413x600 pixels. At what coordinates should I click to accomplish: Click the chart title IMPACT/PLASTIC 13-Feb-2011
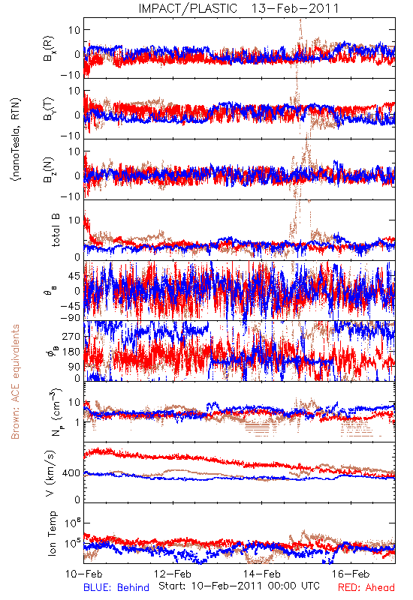click(239, 8)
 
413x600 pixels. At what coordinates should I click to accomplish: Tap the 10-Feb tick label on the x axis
click(84, 574)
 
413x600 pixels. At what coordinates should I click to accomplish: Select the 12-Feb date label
click(173, 574)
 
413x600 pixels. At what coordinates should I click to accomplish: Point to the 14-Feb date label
click(261, 574)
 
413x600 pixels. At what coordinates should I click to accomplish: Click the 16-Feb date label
click(351, 574)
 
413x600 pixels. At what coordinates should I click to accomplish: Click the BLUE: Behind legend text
click(116, 587)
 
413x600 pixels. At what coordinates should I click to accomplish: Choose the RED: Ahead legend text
click(366, 587)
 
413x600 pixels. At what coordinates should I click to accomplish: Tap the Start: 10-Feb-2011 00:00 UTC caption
click(239, 586)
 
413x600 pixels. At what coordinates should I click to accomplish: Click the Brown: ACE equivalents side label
click(15, 382)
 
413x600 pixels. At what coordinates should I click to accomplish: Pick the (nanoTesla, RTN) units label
click(16, 139)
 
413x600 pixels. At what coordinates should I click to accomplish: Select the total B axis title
click(55, 230)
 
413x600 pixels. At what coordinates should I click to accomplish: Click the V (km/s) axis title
click(50, 473)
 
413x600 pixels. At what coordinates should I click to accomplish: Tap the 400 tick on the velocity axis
click(71, 473)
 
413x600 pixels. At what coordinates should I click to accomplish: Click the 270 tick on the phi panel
click(71, 336)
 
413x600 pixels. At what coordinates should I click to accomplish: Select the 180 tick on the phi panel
click(71, 352)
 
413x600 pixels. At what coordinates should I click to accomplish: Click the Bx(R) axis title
click(49, 49)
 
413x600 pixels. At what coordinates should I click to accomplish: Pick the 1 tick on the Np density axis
click(77, 422)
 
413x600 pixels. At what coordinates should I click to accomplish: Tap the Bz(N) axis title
click(49, 169)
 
